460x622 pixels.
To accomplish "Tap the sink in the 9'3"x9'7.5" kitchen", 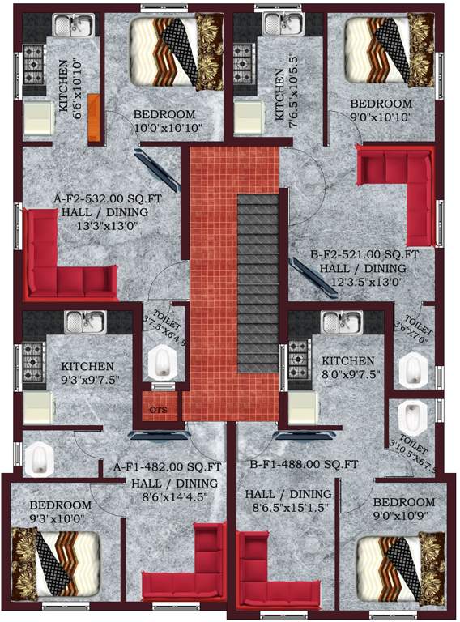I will tap(81, 322).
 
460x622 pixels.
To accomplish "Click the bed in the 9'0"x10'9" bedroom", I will tap(394, 566).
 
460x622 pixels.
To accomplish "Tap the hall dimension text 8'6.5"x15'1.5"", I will tap(287, 510).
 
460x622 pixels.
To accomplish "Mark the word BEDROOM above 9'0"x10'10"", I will tap(381, 104).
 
